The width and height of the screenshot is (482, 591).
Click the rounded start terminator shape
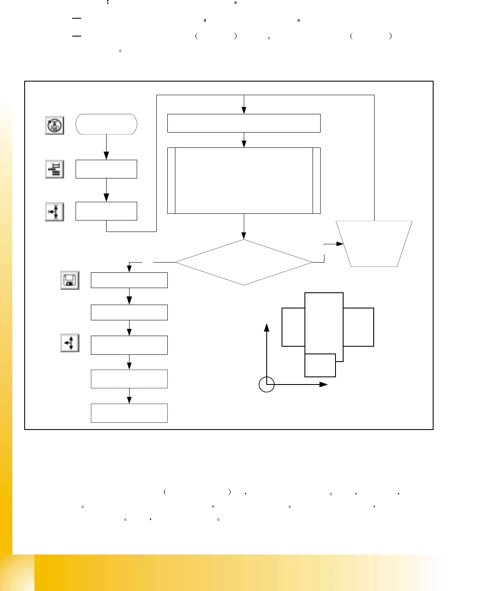click(x=106, y=124)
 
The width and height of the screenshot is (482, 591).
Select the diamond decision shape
click(x=243, y=262)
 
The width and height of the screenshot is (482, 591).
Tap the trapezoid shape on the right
click(x=374, y=244)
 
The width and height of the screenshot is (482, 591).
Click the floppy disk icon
click(x=70, y=280)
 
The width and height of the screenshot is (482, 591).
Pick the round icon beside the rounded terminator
click(x=54, y=125)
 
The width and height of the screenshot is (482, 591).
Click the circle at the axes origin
click(x=267, y=385)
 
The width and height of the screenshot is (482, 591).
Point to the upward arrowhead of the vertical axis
click(x=267, y=327)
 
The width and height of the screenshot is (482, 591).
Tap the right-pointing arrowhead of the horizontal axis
click(x=324, y=384)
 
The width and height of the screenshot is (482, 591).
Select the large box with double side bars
click(x=244, y=180)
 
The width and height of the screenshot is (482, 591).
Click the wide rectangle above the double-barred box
click(x=244, y=123)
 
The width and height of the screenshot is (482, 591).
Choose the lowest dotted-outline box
click(x=129, y=413)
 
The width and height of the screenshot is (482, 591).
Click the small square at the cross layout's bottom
click(x=320, y=365)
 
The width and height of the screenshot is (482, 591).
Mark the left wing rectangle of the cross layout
click(x=293, y=327)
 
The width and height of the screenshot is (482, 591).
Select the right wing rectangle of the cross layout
click(x=358, y=327)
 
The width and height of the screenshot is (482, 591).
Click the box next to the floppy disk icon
click(x=129, y=280)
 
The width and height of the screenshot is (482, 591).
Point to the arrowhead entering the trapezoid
click(x=340, y=244)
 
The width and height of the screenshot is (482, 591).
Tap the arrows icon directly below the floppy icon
click(x=70, y=343)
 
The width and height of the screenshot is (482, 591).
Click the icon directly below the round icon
click(x=54, y=169)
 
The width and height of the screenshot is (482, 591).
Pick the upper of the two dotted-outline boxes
click(x=129, y=379)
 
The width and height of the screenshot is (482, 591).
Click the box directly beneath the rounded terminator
click(x=106, y=169)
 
